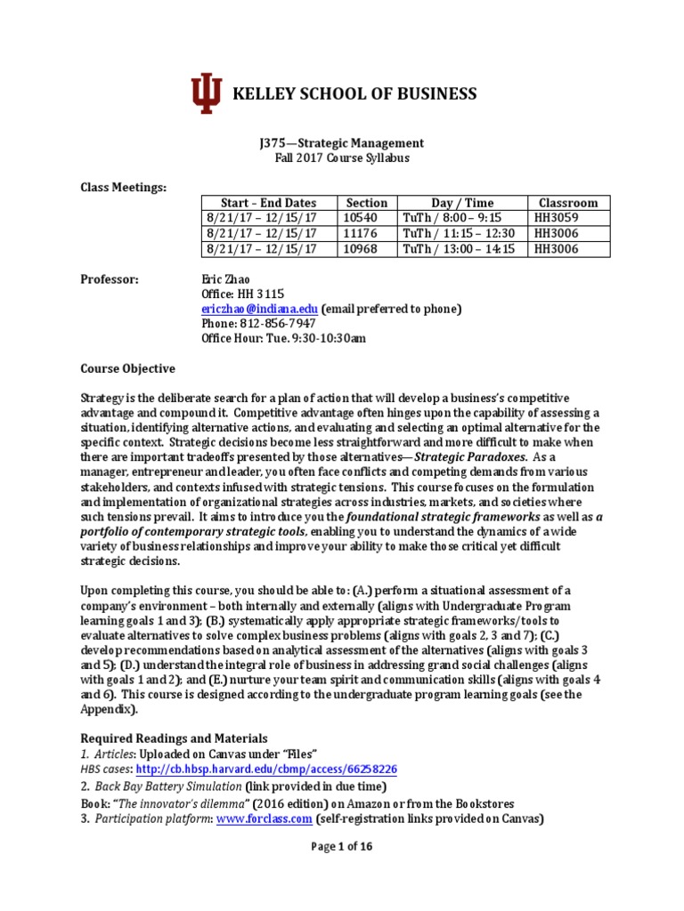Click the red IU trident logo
click(207, 94)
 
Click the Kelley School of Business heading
click(354, 94)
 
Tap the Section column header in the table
click(367, 203)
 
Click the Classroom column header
click(568, 203)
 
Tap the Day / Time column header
click(460, 203)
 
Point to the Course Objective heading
click(128, 368)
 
